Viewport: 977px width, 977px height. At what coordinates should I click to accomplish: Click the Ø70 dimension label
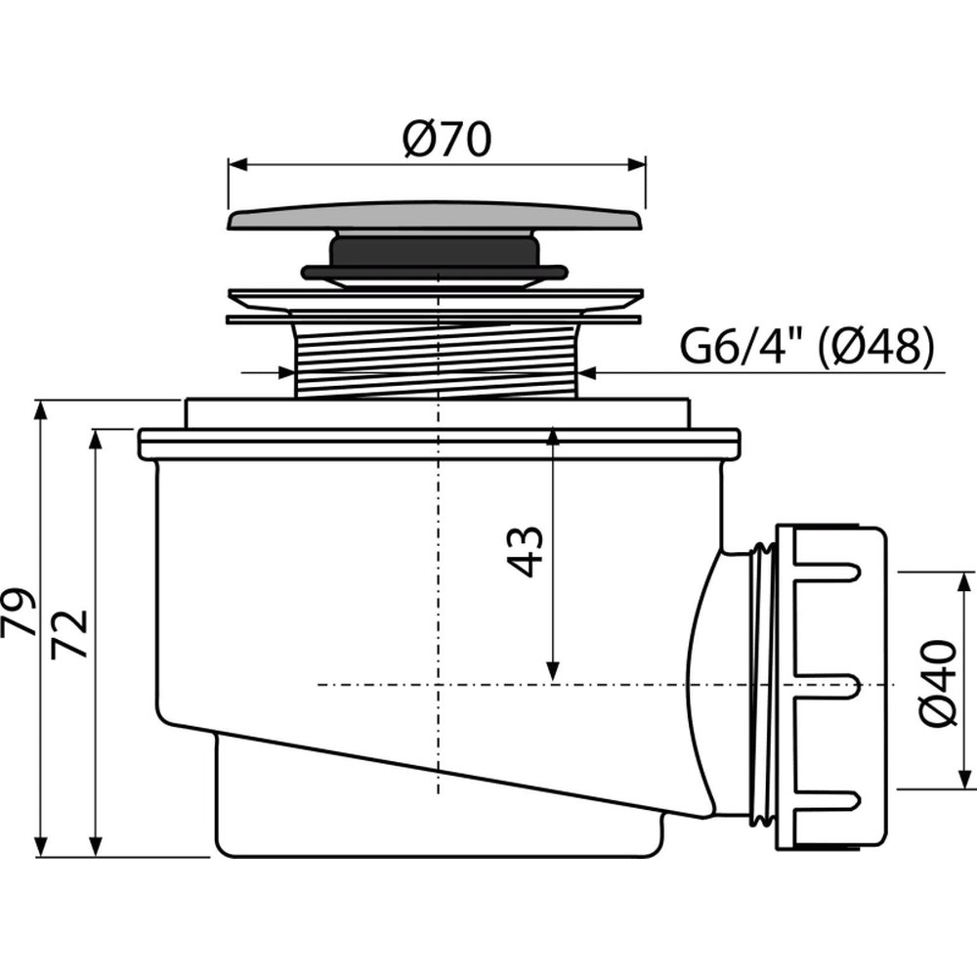coord(446,139)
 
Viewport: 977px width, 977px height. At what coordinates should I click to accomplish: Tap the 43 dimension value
coord(526,552)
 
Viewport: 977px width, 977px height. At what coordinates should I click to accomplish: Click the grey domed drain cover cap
coord(435,215)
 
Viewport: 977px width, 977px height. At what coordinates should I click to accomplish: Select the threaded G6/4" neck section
coord(436,361)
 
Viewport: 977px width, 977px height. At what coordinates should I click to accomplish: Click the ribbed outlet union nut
coord(830,688)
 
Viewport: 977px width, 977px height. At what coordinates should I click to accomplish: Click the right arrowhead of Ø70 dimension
coord(636,165)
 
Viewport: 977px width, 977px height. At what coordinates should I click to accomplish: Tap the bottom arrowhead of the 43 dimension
coord(553,670)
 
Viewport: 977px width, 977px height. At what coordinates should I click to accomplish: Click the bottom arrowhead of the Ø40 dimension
coord(964,780)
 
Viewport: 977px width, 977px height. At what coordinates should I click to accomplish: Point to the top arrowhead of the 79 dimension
coord(41,410)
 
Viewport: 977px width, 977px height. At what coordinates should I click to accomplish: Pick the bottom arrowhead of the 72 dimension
coord(96,847)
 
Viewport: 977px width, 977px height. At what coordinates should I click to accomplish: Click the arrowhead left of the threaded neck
coord(284,373)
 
